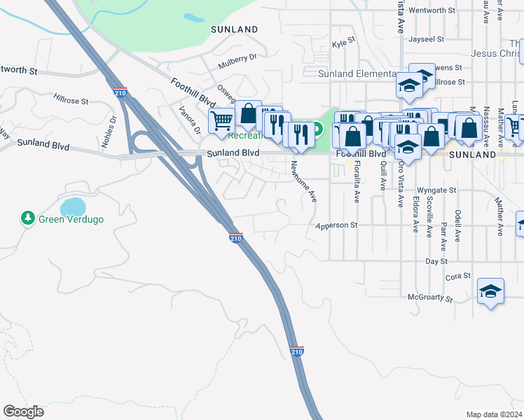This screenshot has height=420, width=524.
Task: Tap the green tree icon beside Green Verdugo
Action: (27, 218)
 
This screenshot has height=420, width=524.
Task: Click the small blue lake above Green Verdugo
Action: (73, 206)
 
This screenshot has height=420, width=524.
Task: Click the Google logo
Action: (23, 412)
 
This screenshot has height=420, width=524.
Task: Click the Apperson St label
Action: (336, 225)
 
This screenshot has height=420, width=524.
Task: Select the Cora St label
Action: (457, 276)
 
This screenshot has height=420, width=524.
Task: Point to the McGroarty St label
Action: (430, 297)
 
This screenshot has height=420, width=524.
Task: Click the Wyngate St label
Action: (436, 190)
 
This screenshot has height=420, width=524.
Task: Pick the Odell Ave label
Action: (457, 225)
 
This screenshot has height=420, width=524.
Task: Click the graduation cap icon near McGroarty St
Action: (491, 291)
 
